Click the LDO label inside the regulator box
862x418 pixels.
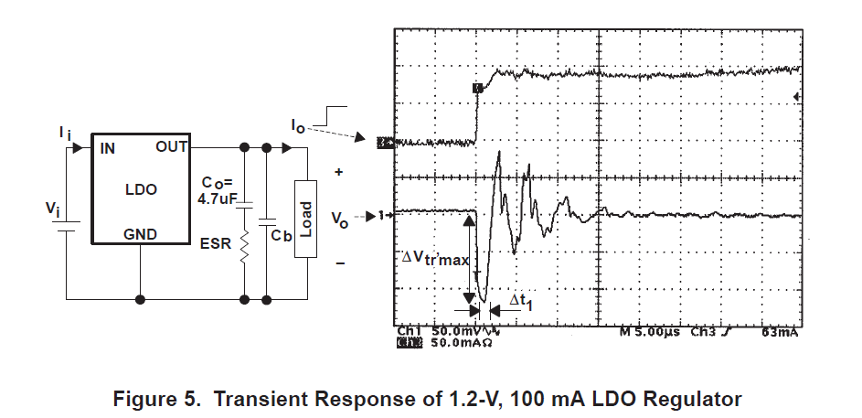[x=142, y=189]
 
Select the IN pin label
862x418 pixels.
[x=108, y=148]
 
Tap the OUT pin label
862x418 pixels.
[x=172, y=147]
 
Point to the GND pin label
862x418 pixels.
[x=140, y=235]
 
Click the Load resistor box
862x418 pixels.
[x=305, y=219]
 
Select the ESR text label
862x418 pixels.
[x=216, y=243]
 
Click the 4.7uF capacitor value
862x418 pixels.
[x=217, y=198]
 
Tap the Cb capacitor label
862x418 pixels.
[x=282, y=235]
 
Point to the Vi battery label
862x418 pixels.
[x=53, y=209]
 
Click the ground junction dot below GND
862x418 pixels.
[x=140, y=300]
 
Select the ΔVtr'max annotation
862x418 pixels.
[x=435, y=259]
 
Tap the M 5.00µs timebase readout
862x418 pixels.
[x=649, y=332]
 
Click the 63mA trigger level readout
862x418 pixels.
[x=780, y=332]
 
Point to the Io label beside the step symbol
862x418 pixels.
[x=298, y=126]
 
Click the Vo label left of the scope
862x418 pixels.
[x=340, y=220]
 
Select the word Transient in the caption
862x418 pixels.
[x=261, y=399]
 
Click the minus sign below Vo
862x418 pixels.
[x=340, y=264]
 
